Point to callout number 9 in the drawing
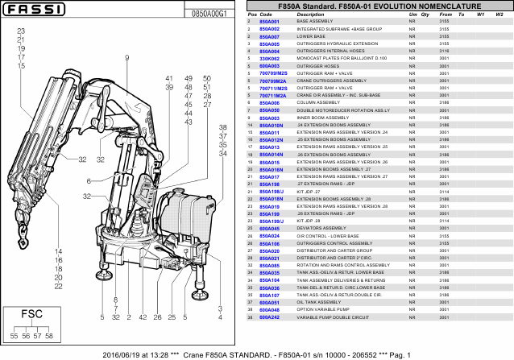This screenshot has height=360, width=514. pyautogui.click(x=127, y=57)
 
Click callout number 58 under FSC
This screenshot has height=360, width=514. pyautogui.click(x=49, y=335)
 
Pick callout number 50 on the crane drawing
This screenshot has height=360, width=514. pyautogui.click(x=206, y=79)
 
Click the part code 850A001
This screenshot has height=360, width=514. pyautogui.click(x=269, y=22)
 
